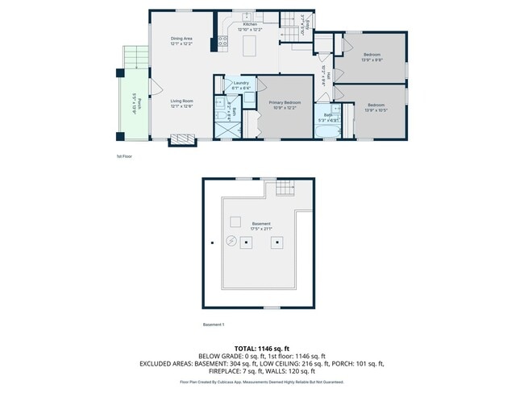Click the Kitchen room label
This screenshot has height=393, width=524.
251,25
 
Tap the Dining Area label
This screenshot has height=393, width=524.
181,39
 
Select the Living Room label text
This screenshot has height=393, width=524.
181,101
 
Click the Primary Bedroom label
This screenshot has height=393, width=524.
285,102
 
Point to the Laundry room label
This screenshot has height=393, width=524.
240,83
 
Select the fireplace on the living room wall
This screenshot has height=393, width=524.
181,140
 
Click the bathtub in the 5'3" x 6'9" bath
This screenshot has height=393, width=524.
329,130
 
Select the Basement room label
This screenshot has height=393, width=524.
260,223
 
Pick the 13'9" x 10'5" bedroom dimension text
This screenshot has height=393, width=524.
376,110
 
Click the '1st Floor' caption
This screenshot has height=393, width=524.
125,156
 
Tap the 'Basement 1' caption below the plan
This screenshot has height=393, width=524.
214,325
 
